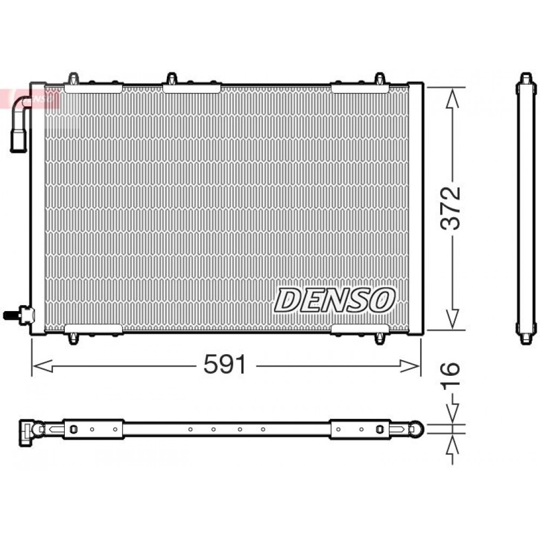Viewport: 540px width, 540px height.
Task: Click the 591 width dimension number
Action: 225,364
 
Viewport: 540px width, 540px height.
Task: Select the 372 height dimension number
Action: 450,208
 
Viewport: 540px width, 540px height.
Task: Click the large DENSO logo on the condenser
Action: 334,300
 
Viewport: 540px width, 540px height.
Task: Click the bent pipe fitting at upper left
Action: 19,124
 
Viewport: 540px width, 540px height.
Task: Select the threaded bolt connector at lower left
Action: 19,315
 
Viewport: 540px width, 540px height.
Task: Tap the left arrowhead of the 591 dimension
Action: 42,366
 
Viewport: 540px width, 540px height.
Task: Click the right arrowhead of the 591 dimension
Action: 410,366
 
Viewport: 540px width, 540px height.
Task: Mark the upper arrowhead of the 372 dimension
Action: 452,98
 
